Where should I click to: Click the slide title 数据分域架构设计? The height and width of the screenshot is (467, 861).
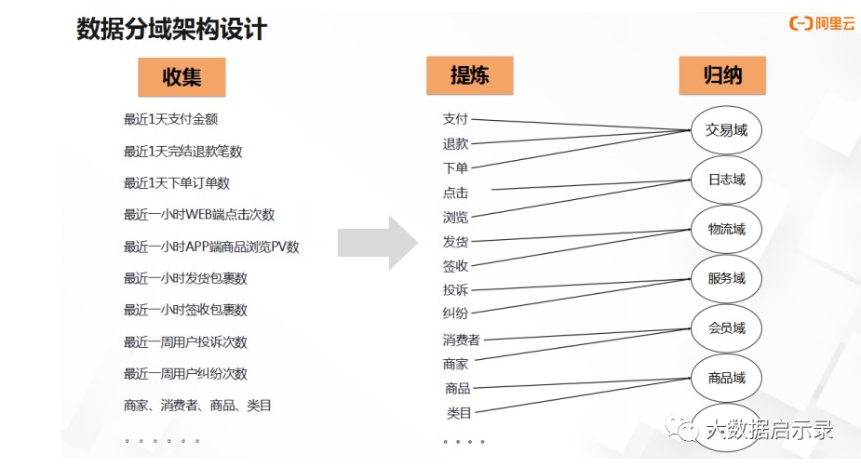(171, 29)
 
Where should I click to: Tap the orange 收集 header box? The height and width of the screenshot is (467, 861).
(182, 77)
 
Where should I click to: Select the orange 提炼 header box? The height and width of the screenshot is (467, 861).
(469, 75)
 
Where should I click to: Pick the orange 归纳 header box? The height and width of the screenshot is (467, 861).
(722, 74)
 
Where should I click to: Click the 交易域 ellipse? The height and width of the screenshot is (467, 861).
(726, 130)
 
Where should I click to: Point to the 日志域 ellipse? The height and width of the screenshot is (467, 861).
(726, 180)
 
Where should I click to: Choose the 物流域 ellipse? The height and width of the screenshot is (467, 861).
(726, 229)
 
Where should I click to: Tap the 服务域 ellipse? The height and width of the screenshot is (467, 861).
(726, 278)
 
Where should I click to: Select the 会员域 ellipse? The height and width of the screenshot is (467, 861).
(726, 328)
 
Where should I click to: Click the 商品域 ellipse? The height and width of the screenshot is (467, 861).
(726, 378)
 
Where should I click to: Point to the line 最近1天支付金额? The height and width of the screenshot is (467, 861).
(170, 119)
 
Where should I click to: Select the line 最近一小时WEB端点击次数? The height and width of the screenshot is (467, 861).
(199, 215)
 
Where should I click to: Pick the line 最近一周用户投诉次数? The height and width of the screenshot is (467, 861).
(185, 341)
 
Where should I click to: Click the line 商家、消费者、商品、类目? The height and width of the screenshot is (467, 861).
(196, 406)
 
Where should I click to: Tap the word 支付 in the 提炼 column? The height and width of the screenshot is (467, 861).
(455, 119)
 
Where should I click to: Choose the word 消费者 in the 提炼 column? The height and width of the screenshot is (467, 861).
(461, 340)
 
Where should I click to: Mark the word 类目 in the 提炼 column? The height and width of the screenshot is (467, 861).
(459, 413)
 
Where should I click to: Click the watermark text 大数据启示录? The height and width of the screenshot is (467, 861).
(769, 430)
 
